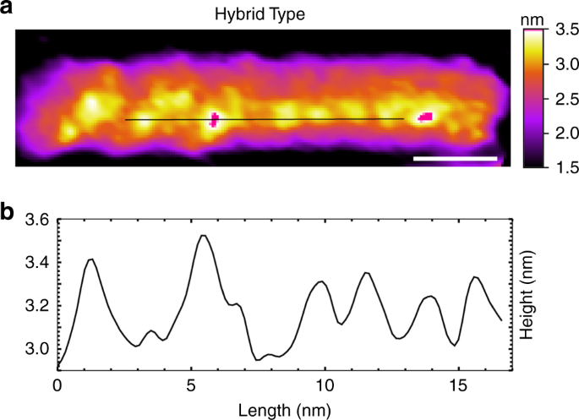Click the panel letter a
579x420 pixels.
click(8, 11)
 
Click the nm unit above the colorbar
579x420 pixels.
click(531, 17)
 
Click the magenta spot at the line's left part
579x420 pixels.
click(214, 119)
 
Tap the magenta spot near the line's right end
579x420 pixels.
click(426, 116)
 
